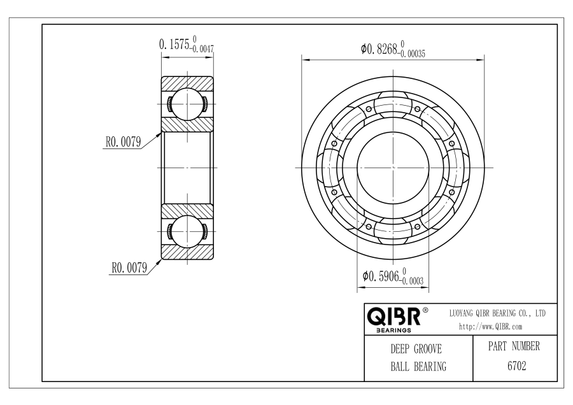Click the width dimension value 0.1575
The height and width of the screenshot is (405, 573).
point(174,45)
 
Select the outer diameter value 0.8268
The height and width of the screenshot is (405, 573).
point(379,48)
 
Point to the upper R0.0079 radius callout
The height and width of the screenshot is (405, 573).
point(123,142)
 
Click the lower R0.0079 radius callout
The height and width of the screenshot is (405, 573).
point(129,267)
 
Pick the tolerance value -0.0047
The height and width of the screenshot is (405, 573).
point(202,48)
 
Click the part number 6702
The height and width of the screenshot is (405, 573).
point(517,366)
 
